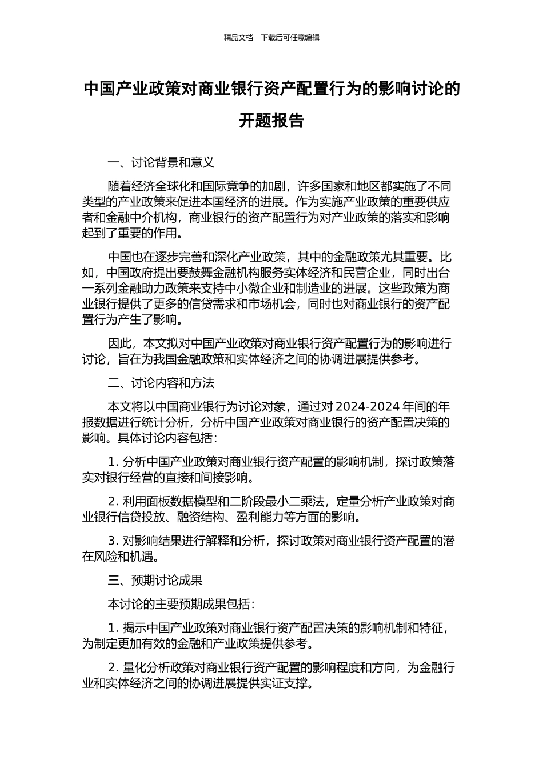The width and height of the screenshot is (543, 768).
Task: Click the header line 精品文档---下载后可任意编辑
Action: point(271,38)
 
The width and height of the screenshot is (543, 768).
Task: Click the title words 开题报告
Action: point(271,121)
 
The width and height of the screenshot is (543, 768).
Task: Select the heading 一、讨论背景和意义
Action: point(161,162)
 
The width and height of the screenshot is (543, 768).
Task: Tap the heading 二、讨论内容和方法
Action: point(161,382)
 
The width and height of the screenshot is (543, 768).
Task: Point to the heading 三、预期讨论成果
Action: point(155,580)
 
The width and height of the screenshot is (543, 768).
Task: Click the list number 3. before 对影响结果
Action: point(113,541)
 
